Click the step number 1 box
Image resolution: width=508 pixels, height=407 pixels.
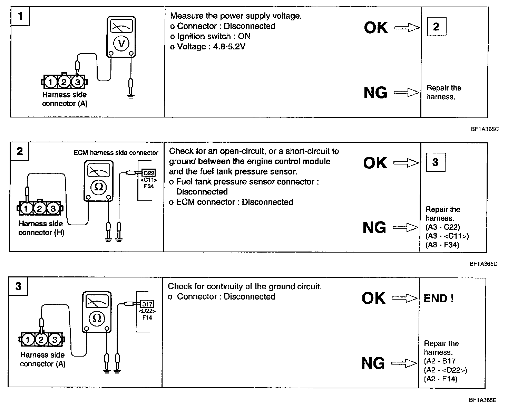[x=20, y=16]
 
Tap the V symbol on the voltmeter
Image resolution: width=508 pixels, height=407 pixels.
[x=121, y=43]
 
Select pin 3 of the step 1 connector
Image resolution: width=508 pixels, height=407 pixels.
[x=77, y=82]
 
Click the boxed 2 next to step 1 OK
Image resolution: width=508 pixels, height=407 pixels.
[x=436, y=27]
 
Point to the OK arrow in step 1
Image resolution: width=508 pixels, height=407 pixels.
[x=407, y=28]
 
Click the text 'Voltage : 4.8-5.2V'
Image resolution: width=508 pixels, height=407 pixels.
[x=208, y=47]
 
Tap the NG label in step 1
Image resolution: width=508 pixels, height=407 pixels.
[x=375, y=93]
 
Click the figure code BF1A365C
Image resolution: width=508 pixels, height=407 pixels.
[x=485, y=129]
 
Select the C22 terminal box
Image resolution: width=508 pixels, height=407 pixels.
[x=149, y=173]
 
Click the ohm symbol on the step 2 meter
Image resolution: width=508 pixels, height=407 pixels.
[x=99, y=187]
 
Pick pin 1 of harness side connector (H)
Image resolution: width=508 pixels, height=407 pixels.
[x=26, y=208]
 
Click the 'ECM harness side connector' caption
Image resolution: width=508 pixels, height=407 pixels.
[x=116, y=153]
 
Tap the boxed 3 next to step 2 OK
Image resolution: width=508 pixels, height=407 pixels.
[x=435, y=162]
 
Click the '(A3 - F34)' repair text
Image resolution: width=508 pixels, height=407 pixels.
[x=442, y=245]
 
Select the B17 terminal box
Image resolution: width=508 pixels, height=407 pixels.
[x=147, y=304]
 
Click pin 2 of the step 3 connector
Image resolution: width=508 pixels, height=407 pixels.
[x=41, y=340]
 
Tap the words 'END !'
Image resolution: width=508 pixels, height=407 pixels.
[x=438, y=299]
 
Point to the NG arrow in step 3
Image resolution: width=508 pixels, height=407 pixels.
[x=404, y=363]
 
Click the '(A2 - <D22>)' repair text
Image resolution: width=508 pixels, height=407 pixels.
[x=445, y=370]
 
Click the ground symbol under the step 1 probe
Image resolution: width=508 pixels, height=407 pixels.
[x=130, y=96]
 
